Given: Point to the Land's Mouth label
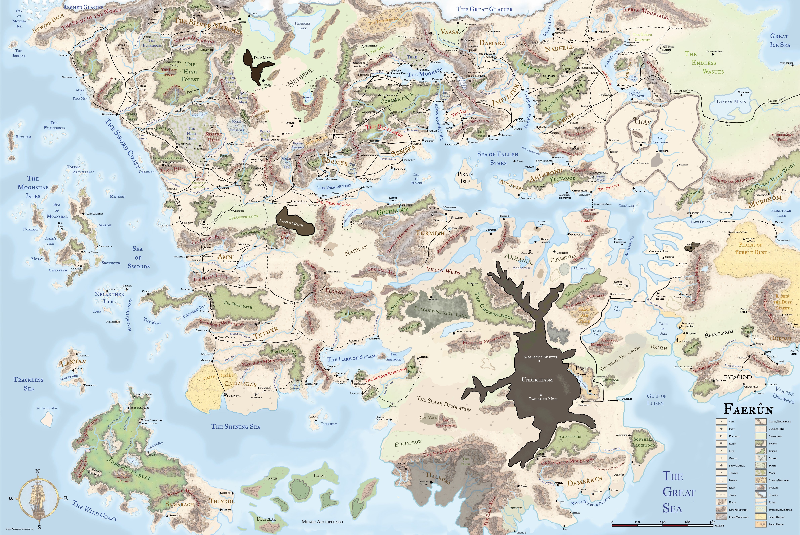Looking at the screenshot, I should click(x=291, y=223).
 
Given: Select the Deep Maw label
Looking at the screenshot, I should click(x=262, y=58).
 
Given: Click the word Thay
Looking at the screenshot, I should click(x=642, y=121).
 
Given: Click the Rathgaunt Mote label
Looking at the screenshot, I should click(x=543, y=399).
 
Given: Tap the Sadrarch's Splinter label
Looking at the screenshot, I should click(x=540, y=357).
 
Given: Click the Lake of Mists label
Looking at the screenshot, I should click(x=731, y=101).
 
